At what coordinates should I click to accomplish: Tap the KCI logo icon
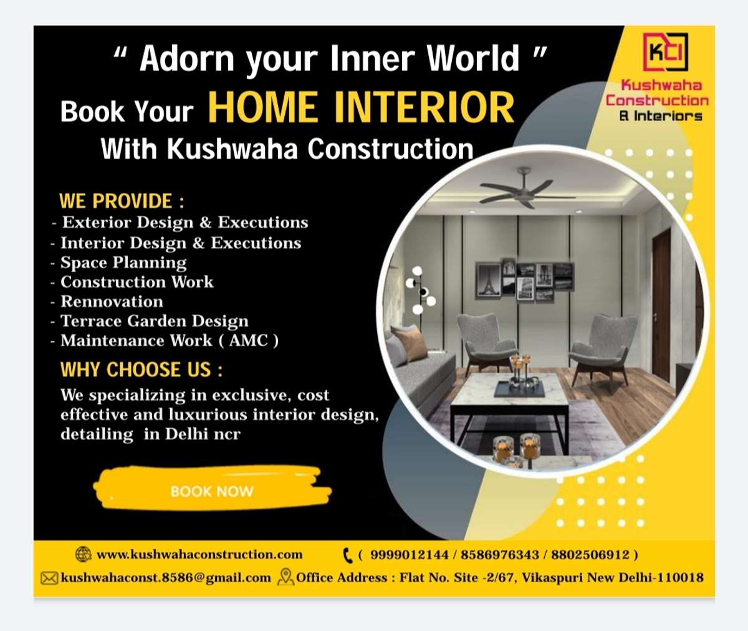(666, 52)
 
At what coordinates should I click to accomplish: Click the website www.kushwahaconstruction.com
(199, 555)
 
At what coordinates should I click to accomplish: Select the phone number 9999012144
(409, 555)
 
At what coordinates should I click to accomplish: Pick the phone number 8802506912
(590, 555)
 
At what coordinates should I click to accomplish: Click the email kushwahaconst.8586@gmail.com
(166, 578)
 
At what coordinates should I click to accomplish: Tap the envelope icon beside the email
(49, 579)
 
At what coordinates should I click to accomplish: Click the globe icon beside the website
(84, 554)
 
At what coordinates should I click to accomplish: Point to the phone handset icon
(347, 555)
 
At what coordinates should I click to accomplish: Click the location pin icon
(285, 577)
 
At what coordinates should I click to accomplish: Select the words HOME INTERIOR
(361, 107)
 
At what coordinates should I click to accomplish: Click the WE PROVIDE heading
(122, 201)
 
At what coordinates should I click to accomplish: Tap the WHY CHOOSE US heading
(141, 369)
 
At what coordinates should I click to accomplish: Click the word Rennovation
(112, 301)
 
